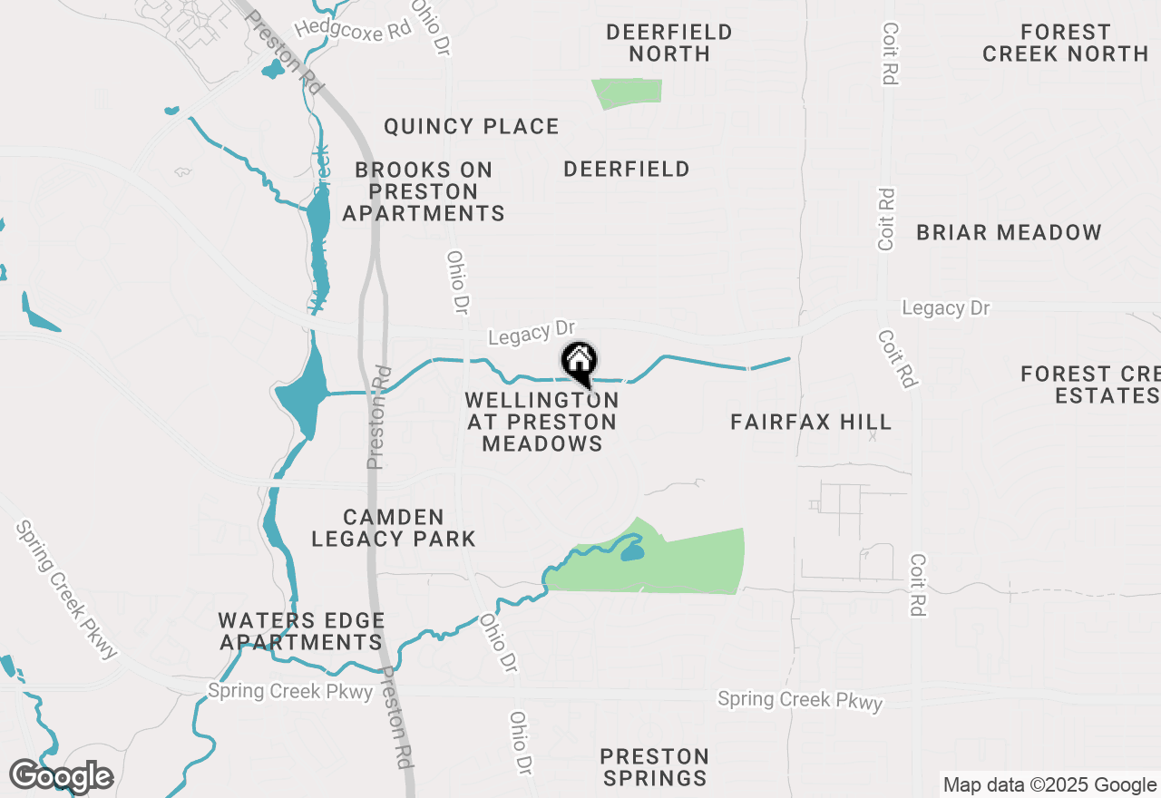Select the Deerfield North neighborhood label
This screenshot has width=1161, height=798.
(669, 43)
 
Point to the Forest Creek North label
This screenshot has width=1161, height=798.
(1065, 43)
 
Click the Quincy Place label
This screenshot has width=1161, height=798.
(471, 126)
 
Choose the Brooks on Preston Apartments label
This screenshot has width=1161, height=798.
(424, 191)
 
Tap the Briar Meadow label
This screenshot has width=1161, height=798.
(1009, 232)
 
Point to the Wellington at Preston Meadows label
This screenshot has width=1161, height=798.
(542, 422)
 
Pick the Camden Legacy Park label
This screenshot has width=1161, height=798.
(394, 528)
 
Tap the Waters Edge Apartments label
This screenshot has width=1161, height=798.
(301, 631)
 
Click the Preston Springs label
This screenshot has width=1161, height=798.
(654, 767)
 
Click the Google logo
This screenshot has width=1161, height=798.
(61, 776)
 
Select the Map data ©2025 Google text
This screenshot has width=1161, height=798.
(1049, 785)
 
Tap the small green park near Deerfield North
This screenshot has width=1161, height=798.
(627, 92)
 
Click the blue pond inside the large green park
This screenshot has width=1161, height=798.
(632, 552)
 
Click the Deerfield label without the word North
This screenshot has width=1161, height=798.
(626, 170)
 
